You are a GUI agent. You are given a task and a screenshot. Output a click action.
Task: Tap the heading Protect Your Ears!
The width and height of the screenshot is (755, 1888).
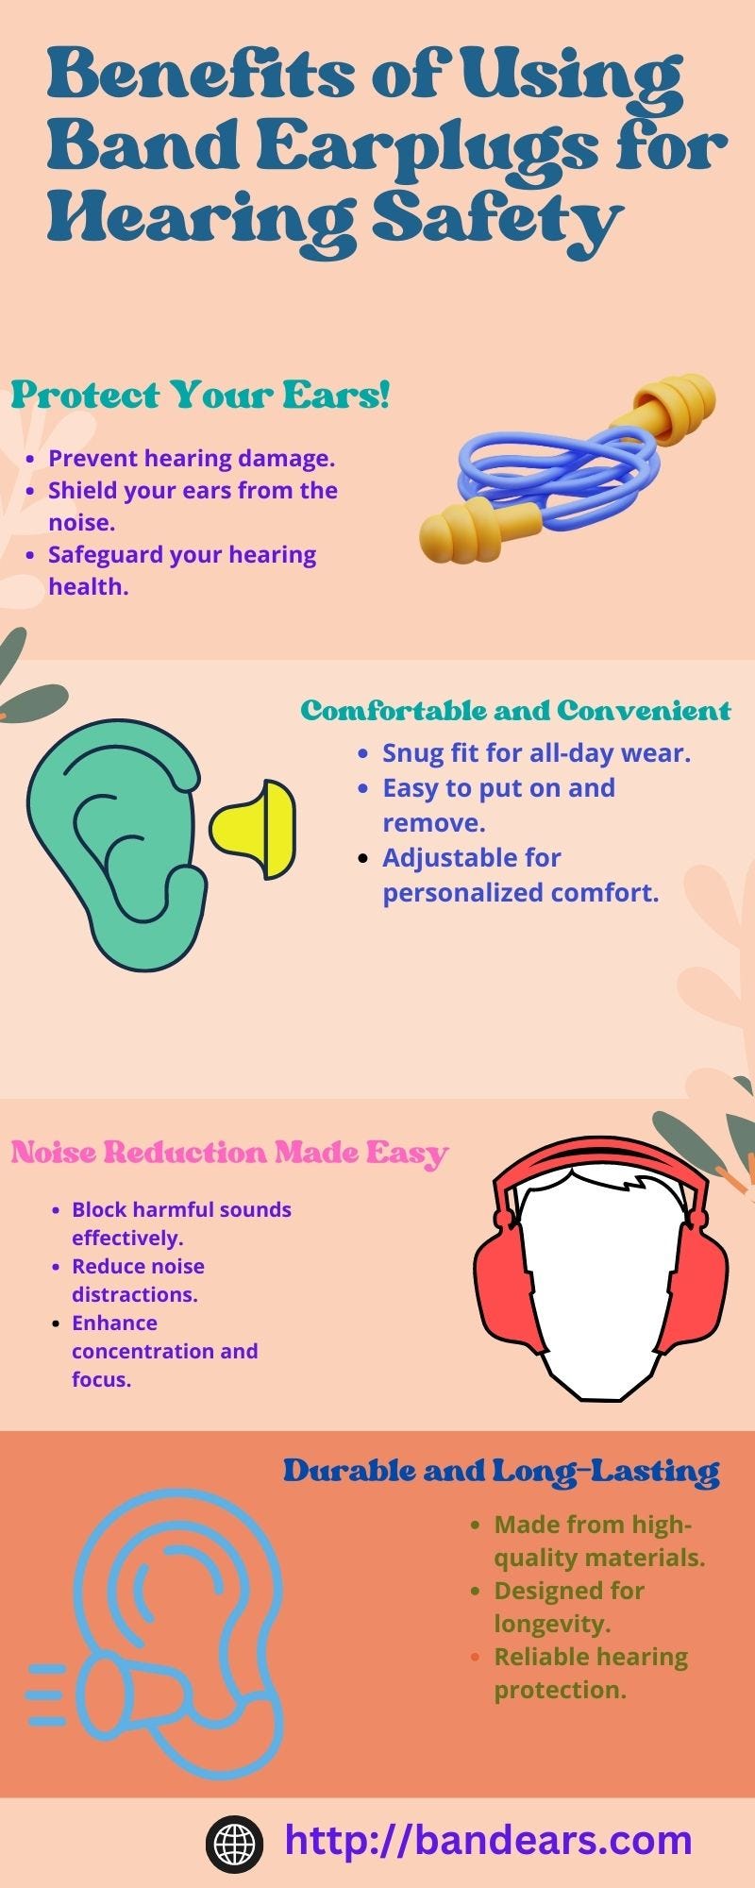pyautogui.click(x=200, y=395)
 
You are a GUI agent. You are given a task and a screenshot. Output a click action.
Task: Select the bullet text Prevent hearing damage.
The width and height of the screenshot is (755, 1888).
pyautogui.click(x=192, y=459)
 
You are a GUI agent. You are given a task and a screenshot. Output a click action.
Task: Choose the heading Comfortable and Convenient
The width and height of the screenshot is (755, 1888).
pyautogui.click(x=515, y=710)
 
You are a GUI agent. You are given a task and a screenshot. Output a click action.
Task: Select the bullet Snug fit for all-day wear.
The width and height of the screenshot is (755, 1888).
pyautogui.click(x=536, y=753)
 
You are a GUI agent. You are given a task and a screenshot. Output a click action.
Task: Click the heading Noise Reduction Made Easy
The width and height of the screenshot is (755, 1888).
pyautogui.click(x=228, y=1153)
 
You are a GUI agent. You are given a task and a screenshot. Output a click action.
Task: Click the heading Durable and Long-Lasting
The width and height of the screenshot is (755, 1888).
pyautogui.click(x=501, y=1471)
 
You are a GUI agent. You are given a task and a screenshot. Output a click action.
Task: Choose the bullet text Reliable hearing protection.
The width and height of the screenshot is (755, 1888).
pyautogui.click(x=590, y=1673)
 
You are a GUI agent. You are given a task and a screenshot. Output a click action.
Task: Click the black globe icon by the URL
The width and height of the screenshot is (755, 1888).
pyautogui.click(x=234, y=1842)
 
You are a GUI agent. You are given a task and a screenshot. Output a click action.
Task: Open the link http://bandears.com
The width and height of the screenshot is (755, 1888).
pyautogui.click(x=488, y=1840)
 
